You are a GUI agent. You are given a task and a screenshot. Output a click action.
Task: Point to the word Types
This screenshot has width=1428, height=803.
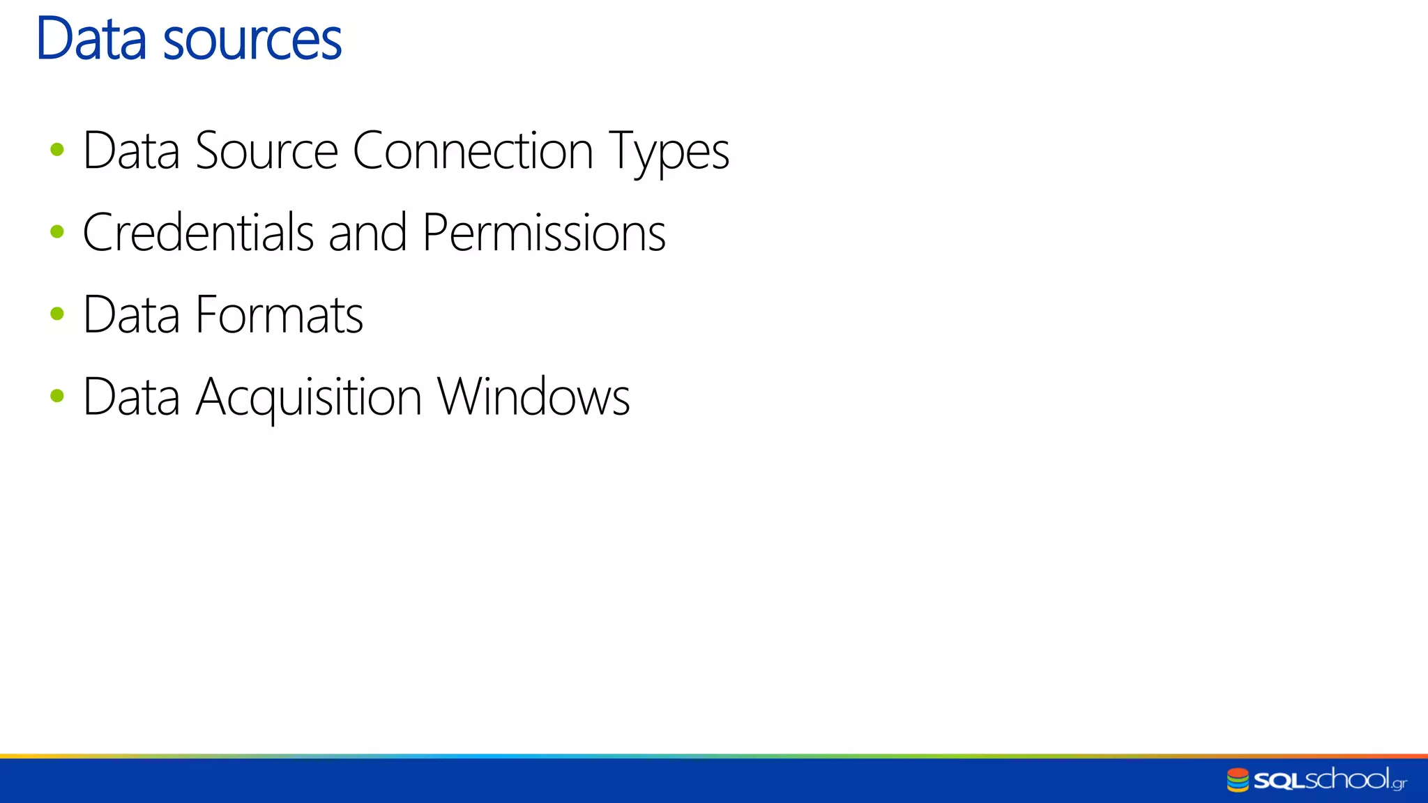click(x=669, y=152)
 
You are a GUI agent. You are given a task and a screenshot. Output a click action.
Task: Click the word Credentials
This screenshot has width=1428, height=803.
click(x=198, y=232)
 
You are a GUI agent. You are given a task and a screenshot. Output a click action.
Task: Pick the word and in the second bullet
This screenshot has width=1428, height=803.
click(x=367, y=232)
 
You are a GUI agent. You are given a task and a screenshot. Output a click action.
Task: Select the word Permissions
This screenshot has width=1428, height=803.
click(x=544, y=232)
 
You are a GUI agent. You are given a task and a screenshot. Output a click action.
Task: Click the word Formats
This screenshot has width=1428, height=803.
click(x=279, y=314)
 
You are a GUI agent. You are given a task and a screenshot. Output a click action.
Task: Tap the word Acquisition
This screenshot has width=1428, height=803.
click(x=308, y=397)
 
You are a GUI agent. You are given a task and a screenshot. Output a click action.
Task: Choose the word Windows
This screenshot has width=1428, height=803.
click(x=533, y=396)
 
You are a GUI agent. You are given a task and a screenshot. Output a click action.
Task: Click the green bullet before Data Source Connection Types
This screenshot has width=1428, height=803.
click(x=57, y=149)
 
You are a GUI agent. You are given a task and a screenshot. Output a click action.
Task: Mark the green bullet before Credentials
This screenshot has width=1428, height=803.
click(x=57, y=231)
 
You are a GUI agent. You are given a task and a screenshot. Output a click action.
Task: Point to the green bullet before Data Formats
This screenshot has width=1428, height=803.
click(x=57, y=314)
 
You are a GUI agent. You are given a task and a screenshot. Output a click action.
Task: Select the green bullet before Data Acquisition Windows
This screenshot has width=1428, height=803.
click(x=57, y=396)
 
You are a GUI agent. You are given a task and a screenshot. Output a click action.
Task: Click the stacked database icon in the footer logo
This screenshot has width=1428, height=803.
click(x=1238, y=780)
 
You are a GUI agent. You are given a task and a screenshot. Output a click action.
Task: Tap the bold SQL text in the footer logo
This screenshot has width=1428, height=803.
click(x=1278, y=781)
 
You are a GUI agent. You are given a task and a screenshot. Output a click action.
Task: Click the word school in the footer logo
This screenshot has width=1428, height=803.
click(x=1347, y=779)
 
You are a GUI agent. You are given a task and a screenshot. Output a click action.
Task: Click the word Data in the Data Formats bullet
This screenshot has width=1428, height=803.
click(x=131, y=314)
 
